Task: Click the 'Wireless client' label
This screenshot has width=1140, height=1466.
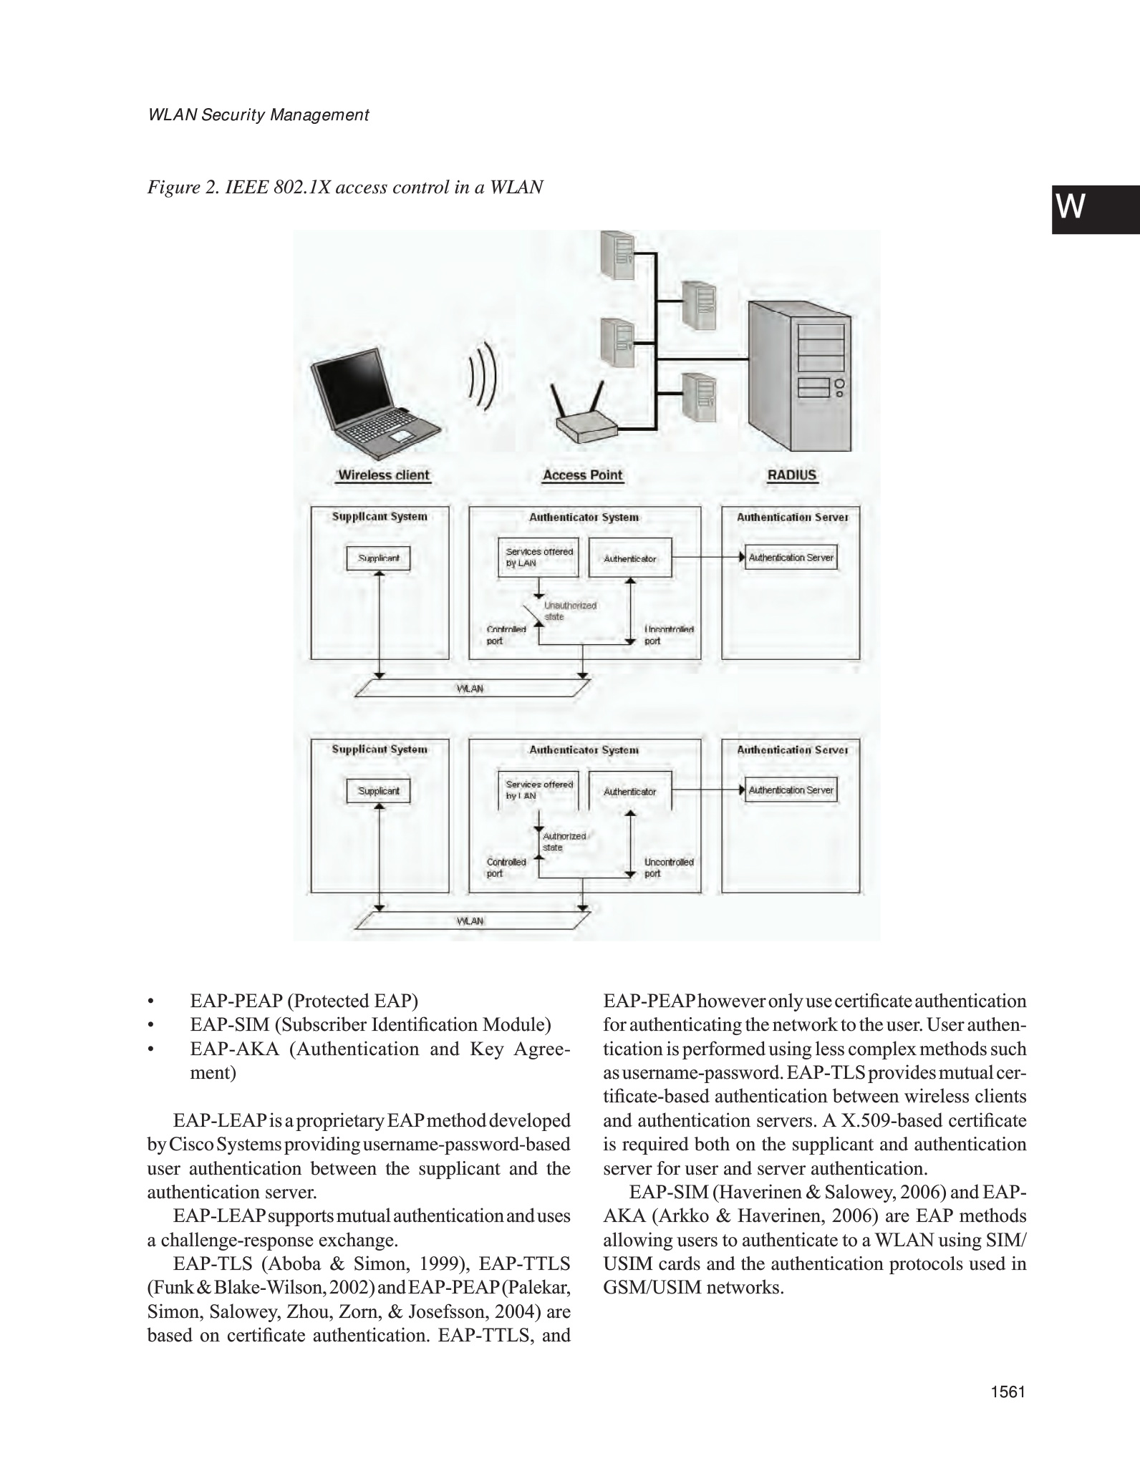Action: pos(384,475)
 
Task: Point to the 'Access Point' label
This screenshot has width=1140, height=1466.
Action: pos(582,475)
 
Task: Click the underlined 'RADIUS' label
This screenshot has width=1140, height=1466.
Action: pos(791,475)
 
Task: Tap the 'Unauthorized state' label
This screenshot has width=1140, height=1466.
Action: pos(570,611)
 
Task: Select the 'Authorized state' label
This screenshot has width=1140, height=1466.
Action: pos(564,842)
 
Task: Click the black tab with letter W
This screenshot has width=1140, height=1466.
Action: pos(1095,209)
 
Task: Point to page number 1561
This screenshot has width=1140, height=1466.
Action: pos(1008,1412)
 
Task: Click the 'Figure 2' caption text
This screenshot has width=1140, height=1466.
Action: pos(344,188)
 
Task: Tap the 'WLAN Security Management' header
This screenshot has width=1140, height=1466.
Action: pos(258,115)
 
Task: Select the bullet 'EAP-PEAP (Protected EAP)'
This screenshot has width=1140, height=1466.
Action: pos(304,1001)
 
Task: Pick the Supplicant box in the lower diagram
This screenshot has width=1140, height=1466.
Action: pos(378,791)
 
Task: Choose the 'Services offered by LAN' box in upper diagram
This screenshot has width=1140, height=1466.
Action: pos(538,558)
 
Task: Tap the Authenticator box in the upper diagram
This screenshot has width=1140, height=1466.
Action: pos(629,558)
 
